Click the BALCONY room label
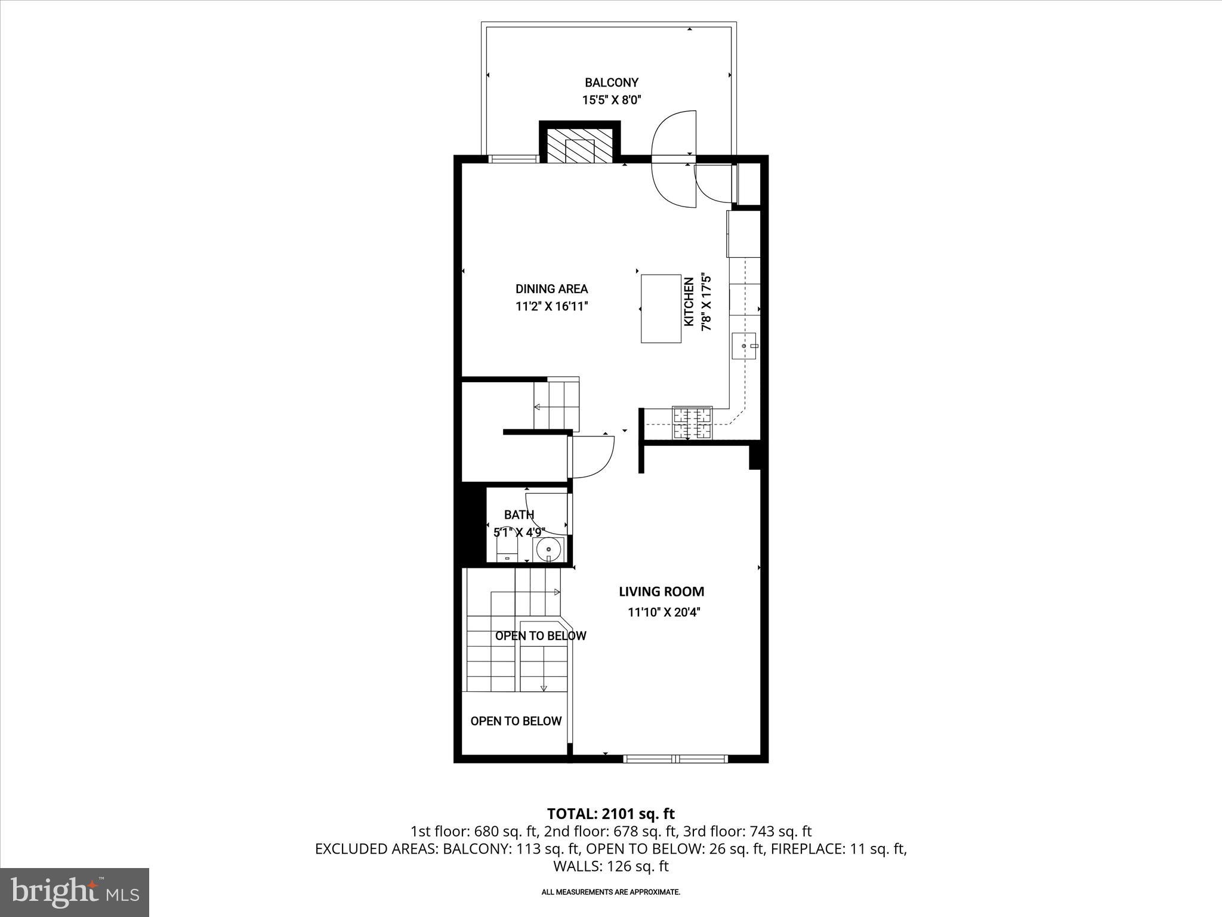click(x=611, y=82)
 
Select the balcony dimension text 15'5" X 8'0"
click(x=611, y=100)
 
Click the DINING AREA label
click(x=551, y=289)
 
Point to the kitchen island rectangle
click(x=661, y=308)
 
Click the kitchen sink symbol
click(x=744, y=346)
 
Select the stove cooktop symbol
click(x=692, y=423)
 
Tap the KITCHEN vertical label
click(x=689, y=302)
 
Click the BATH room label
click(x=519, y=515)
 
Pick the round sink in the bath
click(x=548, y=549)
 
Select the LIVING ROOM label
click(x=661, y=592)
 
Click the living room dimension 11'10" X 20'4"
click(x=664, y=612)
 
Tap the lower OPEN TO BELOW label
click(x=516, y=721)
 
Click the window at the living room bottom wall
click(x=675, y=759)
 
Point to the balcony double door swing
click(x=674, y=159)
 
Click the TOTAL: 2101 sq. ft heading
click(x=610, y=814)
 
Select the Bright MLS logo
click(x=75, y=892)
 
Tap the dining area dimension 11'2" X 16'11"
click(x=552, y=307)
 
